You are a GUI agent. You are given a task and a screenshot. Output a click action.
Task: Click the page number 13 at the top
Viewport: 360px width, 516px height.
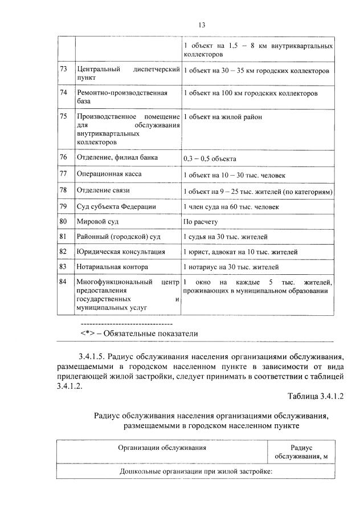coord(201,25)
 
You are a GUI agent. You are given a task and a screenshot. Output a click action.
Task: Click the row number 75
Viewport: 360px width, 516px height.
coord(64,116)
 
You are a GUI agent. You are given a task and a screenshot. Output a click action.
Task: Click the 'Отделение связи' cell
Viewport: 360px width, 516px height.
coord(103,190)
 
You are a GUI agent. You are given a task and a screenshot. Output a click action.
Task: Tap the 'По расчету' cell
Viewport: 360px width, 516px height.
coord(201,221)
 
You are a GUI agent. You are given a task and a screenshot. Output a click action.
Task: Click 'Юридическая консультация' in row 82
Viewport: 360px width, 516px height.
coord(120,251)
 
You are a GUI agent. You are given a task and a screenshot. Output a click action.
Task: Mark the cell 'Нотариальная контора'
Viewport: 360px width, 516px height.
coord(112,266)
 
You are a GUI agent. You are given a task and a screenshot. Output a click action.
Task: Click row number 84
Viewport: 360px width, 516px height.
coord(64,282)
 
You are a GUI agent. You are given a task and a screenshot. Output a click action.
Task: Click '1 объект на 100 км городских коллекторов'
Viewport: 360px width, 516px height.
coord(251,93)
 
